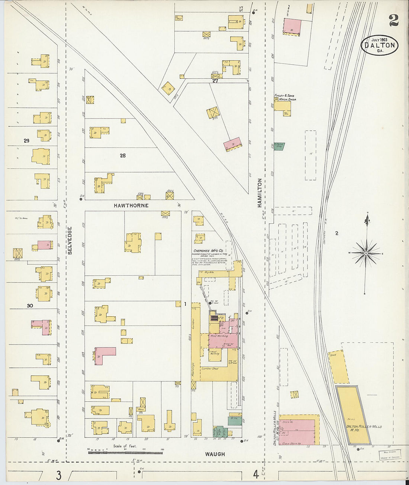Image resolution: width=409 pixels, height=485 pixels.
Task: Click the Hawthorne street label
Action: (x=131, y=206)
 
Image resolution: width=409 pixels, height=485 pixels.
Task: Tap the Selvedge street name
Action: (x=70, y=240)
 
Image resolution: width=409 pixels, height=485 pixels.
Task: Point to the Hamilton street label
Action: (x=260, y=193)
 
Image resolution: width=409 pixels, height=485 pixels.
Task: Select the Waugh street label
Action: (x=215, y=454)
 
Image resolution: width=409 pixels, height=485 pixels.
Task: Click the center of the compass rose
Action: (x=366, y=253)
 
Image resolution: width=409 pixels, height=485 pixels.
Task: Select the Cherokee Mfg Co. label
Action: (x=208, y=250)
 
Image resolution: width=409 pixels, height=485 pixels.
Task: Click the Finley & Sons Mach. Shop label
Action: (x=285, y=97)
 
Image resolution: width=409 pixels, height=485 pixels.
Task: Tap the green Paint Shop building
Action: (x=279, y=146)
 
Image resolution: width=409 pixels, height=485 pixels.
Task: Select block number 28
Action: (x=123, y=156)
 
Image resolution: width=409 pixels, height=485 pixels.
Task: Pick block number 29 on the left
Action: (x=26, y=141)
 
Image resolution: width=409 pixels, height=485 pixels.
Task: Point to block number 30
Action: (x=30, y=305)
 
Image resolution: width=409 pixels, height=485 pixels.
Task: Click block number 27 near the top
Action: (x=215, y=81)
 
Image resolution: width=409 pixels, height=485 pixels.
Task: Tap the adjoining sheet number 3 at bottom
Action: (x=59, y=475)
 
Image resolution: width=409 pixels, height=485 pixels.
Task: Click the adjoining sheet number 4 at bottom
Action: (x=256, y=474)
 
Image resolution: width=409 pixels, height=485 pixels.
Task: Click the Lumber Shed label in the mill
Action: (x=210, y=369)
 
